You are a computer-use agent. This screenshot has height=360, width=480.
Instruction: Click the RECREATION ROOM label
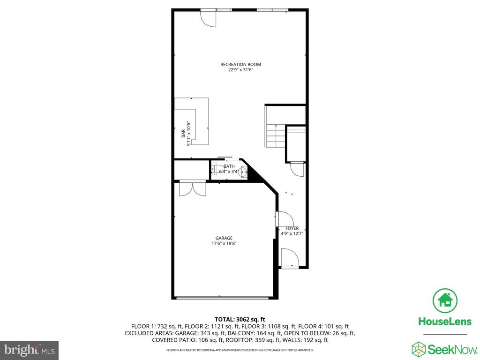[240, 64]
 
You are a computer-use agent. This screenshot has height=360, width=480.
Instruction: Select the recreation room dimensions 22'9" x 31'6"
[240, 70]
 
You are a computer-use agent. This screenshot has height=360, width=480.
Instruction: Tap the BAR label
[183, 133]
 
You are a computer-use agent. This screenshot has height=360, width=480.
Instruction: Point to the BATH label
[229, 166]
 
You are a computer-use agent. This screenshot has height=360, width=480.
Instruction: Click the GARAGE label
[224, 238]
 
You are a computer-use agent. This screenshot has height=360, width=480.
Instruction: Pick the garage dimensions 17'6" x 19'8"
[224, 244]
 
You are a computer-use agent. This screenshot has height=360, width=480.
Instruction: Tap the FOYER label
[292, 228]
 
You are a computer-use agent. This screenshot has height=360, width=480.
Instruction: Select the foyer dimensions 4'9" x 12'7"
[292, 233]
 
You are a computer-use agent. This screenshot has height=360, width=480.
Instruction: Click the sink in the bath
[243, 172]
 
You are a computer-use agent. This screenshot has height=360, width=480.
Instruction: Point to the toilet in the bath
[215, 169]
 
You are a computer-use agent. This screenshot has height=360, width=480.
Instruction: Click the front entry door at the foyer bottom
[290, 258]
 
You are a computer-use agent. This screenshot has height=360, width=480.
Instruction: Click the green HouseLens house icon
[445, 300]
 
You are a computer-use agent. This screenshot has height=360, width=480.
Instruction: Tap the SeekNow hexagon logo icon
[419, 349]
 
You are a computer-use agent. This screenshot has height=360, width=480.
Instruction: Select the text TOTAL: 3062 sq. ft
[240, 320]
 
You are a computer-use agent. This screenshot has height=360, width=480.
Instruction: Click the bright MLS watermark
[30, 350]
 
